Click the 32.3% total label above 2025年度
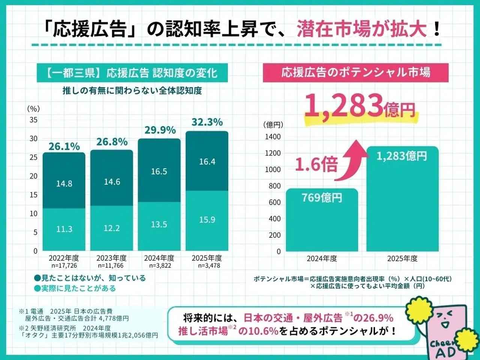pyautogui.click(x=207, y=122)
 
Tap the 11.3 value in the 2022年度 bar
pyautogui.click(x=64, y=229)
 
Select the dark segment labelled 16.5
pyautogui.click(x=159, y=171)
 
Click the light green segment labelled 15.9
pyautogui.click(x=207, y=219)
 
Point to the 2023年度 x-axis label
pyautogui.click(x=111, y=258)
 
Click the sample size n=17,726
pyautogui.click(x=64, y=265)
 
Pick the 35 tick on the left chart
pyautogui.click(x=34, y=120)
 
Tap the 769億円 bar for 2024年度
pyautogui.click(x=322, y=221)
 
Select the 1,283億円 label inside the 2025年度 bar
pyautogui.click(x=402, y=156)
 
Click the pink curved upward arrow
pyautogui.click(x=352, y=157)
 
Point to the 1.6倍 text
pyautogui.click(x=316, y=164)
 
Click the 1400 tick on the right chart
pyautogui.click(x=273, y=136)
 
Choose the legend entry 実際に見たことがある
pyautogui.click(x=75, y=288)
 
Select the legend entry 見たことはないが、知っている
pyautogui.click(x=90, y=278)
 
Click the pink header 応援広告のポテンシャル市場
pyautogui.click(x=355, y=72)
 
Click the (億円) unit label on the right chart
pyautogui.click(x=273, y=124)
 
